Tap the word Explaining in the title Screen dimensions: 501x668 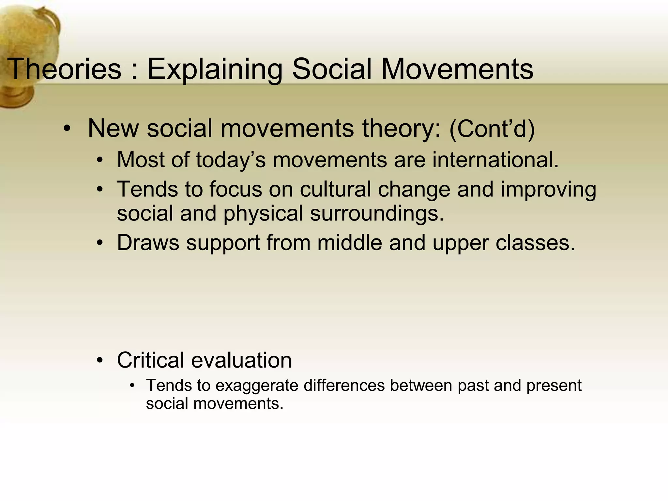(215, 69)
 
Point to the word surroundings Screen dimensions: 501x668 (377, 214)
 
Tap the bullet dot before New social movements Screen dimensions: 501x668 (67, 129)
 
